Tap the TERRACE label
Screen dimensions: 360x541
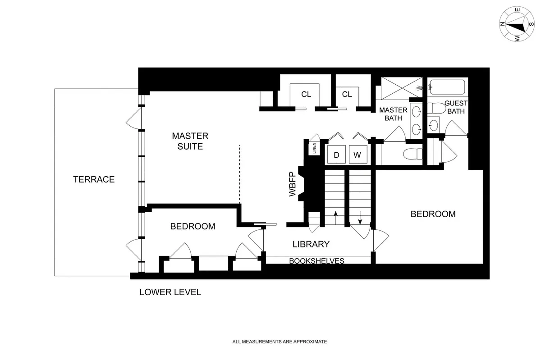94,179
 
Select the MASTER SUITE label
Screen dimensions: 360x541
190,141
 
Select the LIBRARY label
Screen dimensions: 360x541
311,244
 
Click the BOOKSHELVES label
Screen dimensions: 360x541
316,261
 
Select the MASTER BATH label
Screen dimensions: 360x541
393,114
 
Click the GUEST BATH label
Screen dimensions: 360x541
456,106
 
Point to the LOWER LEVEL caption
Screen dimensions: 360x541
170,292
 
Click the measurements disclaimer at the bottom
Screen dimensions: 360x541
279,342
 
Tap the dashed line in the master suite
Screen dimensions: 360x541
239,174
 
